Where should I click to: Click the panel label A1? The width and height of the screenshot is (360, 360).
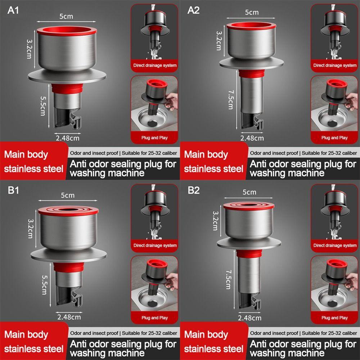pyautogui.click(x=13, y=10)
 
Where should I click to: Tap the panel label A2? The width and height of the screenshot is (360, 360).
pyautogui.click(x=193, y=10)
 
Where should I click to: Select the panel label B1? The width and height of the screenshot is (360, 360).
pyautogui.click(x=13, y=190)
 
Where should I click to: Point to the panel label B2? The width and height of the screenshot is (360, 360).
pyautogui.click(x=193, y=190)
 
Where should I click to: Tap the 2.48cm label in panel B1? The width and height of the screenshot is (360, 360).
pyautogui.click(x=69, y=317)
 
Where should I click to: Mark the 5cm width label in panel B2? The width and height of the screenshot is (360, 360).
pyautogui.click(x=249, y=192)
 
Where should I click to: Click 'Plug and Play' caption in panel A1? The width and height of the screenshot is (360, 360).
pyautogui.click(x=154, y=138)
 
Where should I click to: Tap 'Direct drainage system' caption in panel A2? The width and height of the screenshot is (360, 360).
pyautogui.click(x=335, y=66)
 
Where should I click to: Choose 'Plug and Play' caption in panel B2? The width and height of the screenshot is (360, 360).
pyautogui.click(x=335, y=318)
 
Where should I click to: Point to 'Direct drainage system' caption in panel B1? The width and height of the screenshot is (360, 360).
pyautogui.click(x=155, y=246)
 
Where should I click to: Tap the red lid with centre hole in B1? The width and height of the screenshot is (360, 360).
pyautogui.click(x=68, y=209)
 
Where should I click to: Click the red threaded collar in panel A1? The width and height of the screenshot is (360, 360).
pyautogui.click(x=67, y=87)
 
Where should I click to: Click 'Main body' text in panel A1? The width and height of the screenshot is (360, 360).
pyautogui.click(x=26, y=154)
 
